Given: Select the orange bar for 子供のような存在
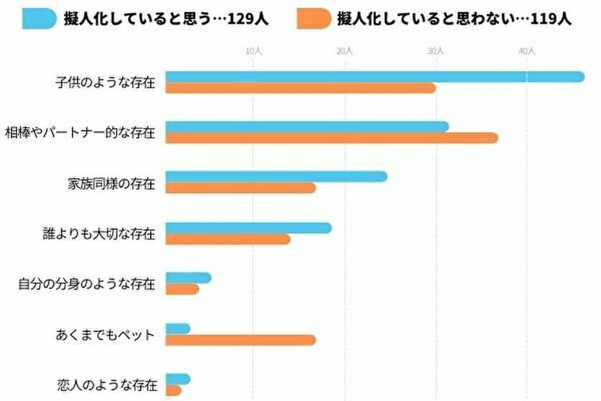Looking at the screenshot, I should click(x=301, y=88).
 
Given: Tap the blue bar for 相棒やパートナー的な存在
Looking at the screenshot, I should click(x=307, y=126).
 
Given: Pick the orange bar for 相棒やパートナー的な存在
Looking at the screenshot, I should click(x=332, y=138).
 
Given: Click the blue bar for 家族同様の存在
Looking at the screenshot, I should click(x=276, y=177).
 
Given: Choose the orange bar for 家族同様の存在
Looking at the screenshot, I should click(x=241, y=188).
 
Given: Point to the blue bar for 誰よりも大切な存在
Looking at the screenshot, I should click(x=248, y=228).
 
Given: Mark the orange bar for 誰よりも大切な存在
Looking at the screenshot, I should click(x=228, y=239).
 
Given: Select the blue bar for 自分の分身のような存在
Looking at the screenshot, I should click(x=188, y=278).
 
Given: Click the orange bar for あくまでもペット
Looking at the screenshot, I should click(x=241, y=340).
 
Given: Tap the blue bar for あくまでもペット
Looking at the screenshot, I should click(x=178, y=329).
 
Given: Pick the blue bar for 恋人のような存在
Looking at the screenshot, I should click(x=178, y=379).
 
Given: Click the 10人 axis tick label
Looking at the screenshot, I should click(x=253, y=51).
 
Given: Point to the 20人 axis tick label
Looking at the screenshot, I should click(x=345, y=51).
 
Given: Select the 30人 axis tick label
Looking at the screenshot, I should click(x=436, y=51).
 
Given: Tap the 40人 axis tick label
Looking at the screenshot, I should click(x=527, y=51).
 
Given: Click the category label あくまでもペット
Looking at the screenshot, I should click(x=105, y=335).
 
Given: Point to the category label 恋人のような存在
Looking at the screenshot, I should click(x=106, y=385).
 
